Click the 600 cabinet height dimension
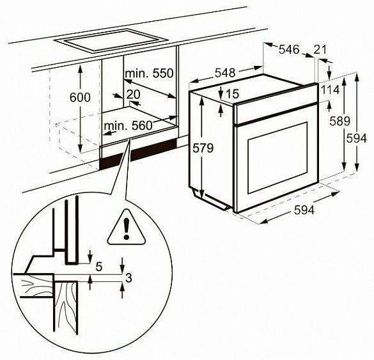[x=80, y=97]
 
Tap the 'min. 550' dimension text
[x=149, y=74]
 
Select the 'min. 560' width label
[x=128, y=125]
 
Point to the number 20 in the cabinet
[x=133, y=95]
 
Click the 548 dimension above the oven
[x=225, y=73]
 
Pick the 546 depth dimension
[x=289, y=50]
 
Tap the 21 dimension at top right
[x=320, y=50]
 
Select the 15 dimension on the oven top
[x=232, y=94]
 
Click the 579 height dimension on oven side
[x=203, y=148]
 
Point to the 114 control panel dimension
[x=331, y=90]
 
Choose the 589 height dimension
[x=339, y=121]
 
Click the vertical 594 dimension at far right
[x=356, y=138]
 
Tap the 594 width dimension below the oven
[x=304, y=210]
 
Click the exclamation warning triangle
[x=127, y=228]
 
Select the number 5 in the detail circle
[x=98, y=267]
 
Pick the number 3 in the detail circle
[x=129, y=278]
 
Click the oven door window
[x=277, y=157]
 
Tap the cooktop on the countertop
[x=110, y=40]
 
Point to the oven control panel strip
[x=276, y=104]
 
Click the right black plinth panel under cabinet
[x=154, y=150]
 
